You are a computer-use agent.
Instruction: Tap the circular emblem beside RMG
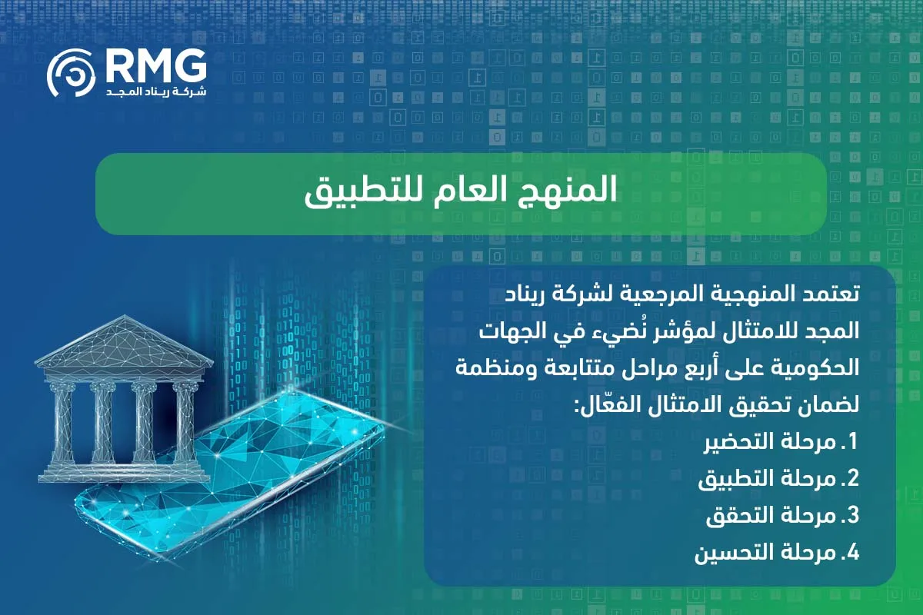[72, 75]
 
